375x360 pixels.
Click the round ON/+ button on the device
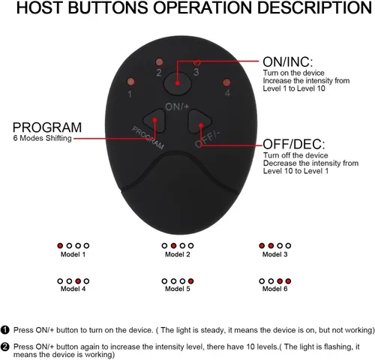pos(178,83)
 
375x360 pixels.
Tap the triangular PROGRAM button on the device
pos(155,121)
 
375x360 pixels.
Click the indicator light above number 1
pos(130,82)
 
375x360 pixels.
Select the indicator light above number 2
pos(159,61)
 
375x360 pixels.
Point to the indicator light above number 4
pos(226,82)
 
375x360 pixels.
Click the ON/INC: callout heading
pos(288,61)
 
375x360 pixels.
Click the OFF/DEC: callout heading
pos(294,144)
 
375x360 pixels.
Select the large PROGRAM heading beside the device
pos(47,127)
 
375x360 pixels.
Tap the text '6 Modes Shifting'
pos(43,138)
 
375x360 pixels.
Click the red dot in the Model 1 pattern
pos(60,246)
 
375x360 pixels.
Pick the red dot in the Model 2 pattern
pos(173,246)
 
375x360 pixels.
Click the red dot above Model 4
pos(78,281)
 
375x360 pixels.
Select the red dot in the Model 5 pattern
pos(190,281)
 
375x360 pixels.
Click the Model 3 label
pos(274,254)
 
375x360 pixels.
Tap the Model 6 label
pos(274,289)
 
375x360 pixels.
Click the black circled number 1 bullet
pos(5,330)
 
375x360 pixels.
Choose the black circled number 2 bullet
pos(5,347)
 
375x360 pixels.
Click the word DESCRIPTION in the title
pos(314,7)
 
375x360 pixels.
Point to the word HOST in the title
pos(40,7)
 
